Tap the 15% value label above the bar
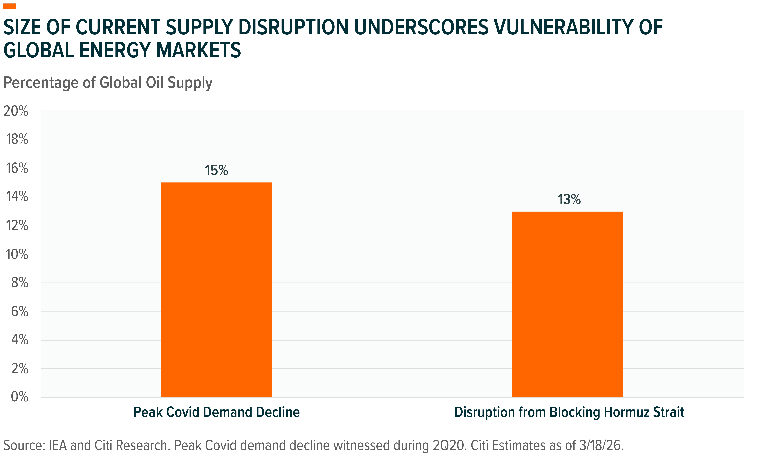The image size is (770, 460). coord(216,170)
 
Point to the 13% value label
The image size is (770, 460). coord(569,200)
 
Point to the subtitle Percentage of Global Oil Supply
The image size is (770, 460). coord(108,83)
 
